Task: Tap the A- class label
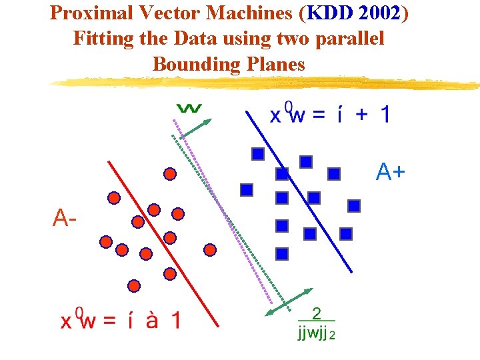(x=65, y=217)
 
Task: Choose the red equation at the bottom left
(x=120, y=320)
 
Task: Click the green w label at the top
(x=189, y=107)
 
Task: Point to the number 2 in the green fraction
(x=316, y=313)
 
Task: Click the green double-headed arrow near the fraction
(x=289, y=301)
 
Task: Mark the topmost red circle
(x=170, y=175)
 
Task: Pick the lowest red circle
(x=134, y=286)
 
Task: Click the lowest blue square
(x=281, y=253)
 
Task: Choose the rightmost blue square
(x=354, y=206)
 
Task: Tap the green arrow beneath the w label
(x=196, y=129)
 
